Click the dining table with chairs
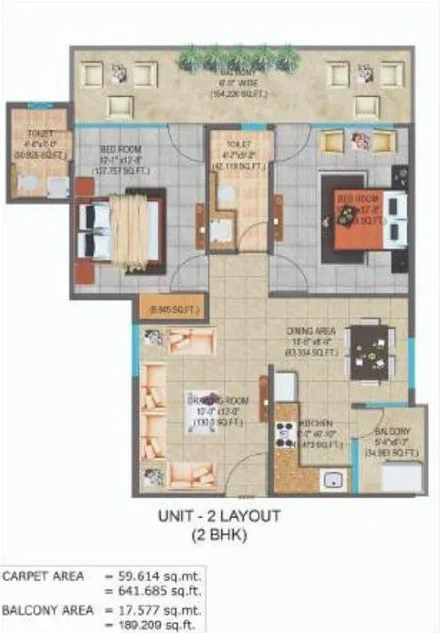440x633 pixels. coord(370,345)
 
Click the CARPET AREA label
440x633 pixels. coord(44,576)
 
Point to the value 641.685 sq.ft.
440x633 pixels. coord(163,592)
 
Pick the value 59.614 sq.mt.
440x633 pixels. coord(163,576)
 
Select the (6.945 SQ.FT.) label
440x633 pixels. coord(171,311)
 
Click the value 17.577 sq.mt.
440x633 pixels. coord(163,608)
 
